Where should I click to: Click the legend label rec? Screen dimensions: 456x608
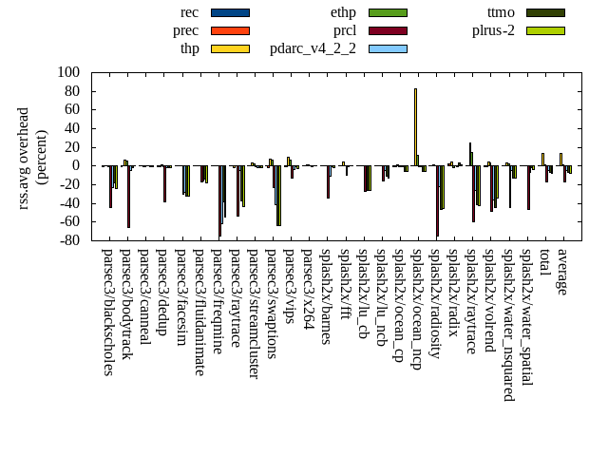tap(189, 12)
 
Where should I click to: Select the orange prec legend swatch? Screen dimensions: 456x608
tap(230, 30)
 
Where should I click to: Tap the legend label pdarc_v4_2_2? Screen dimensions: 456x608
tap(313, 48)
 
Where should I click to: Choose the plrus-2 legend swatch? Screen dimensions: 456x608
tap(545, 30)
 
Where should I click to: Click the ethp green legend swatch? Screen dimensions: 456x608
tap(388, 12)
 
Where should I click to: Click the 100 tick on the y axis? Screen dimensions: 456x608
tap(68, 72)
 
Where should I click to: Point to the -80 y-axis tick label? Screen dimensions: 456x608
tap(68, 240)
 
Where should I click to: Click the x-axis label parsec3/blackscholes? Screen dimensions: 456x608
tap(108, 312)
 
